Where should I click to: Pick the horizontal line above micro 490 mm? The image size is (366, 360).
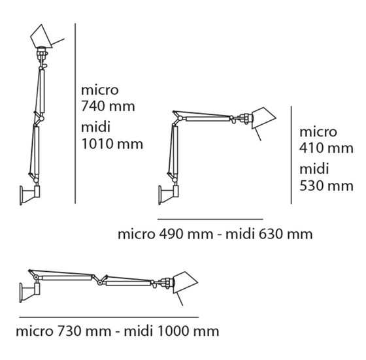coord(208,219)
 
